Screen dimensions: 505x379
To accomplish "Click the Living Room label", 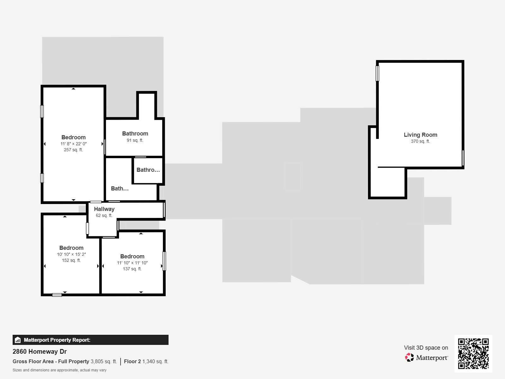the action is [x=420, y=135].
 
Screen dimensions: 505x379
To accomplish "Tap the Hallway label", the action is [x=104, y=209].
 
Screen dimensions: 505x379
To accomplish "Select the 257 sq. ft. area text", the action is [x=74, y=150].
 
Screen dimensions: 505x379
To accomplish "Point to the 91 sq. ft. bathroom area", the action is [x=135, y=140].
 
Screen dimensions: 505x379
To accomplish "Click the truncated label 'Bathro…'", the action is [x=148, y=170].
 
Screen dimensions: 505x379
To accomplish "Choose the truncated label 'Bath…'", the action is [x=120, y=189].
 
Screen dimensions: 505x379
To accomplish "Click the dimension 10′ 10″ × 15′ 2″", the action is [x=71, y=254].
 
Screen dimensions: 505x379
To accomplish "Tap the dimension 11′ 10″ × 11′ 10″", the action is [x=132, y=263].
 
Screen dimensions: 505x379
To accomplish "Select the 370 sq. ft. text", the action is [x=420, y=141].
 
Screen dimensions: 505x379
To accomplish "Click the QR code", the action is [x=473, y=354].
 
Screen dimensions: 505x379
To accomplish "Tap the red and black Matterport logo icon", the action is [x=409, y=358].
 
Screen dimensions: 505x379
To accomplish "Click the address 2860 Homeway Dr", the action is [x=39, y=352].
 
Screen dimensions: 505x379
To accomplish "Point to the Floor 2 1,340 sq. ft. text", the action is [x=146, y=361].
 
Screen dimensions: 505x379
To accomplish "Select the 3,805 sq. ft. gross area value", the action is [x=104, y=361].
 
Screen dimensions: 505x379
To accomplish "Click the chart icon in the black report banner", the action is [x=18, y=340].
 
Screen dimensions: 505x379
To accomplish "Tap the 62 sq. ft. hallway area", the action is [x=104, y=216].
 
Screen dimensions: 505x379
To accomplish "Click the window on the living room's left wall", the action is [x=377, y=73].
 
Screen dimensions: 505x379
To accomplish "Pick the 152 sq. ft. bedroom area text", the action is [x=71, y=260].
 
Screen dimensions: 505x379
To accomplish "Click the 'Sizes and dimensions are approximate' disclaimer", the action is [x=59, y=370].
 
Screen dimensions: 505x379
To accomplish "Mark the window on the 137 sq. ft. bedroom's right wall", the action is [x=164, y=261].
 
